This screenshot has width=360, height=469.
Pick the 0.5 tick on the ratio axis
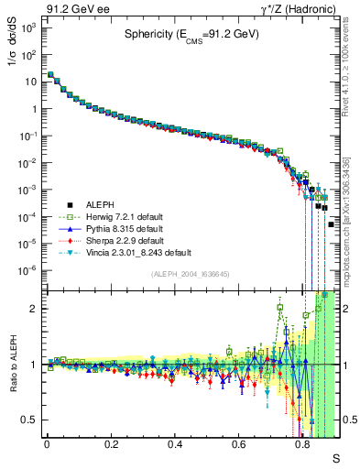pyautogui.click(x=29, y=420)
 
